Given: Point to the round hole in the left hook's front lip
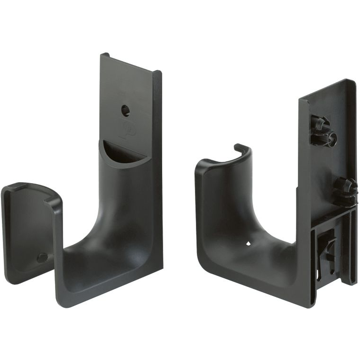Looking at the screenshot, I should click(x=42, y=258).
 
